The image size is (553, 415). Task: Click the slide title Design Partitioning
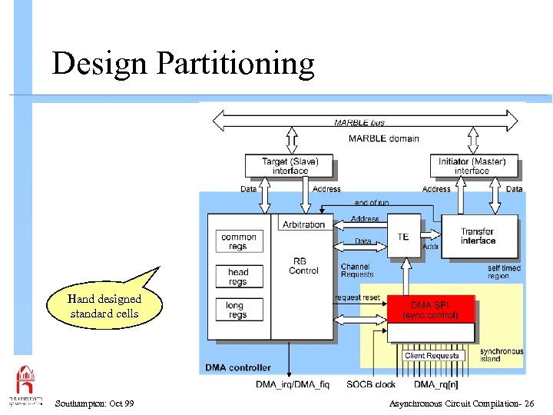(183, 63)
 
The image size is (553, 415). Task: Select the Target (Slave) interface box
(290, 166)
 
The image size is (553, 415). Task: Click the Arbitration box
(303, 224)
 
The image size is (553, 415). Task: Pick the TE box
(403, 237)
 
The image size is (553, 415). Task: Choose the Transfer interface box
(478, 236)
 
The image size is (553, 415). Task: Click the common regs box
(238, 241)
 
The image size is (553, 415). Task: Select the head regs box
(238, 276)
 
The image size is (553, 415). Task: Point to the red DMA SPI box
(430, 310)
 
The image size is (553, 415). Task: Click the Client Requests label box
(432, 356)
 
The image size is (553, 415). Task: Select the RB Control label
(303, 265)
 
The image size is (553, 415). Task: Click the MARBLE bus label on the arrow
(359, 122)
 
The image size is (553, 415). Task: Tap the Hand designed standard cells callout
(104, 307)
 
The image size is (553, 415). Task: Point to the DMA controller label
(238, 367)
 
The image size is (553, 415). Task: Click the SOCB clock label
(371, 383)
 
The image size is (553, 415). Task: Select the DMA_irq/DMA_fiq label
(293, 383)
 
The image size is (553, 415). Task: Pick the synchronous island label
(502, 355)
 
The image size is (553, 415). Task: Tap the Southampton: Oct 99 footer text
(94, 403)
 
